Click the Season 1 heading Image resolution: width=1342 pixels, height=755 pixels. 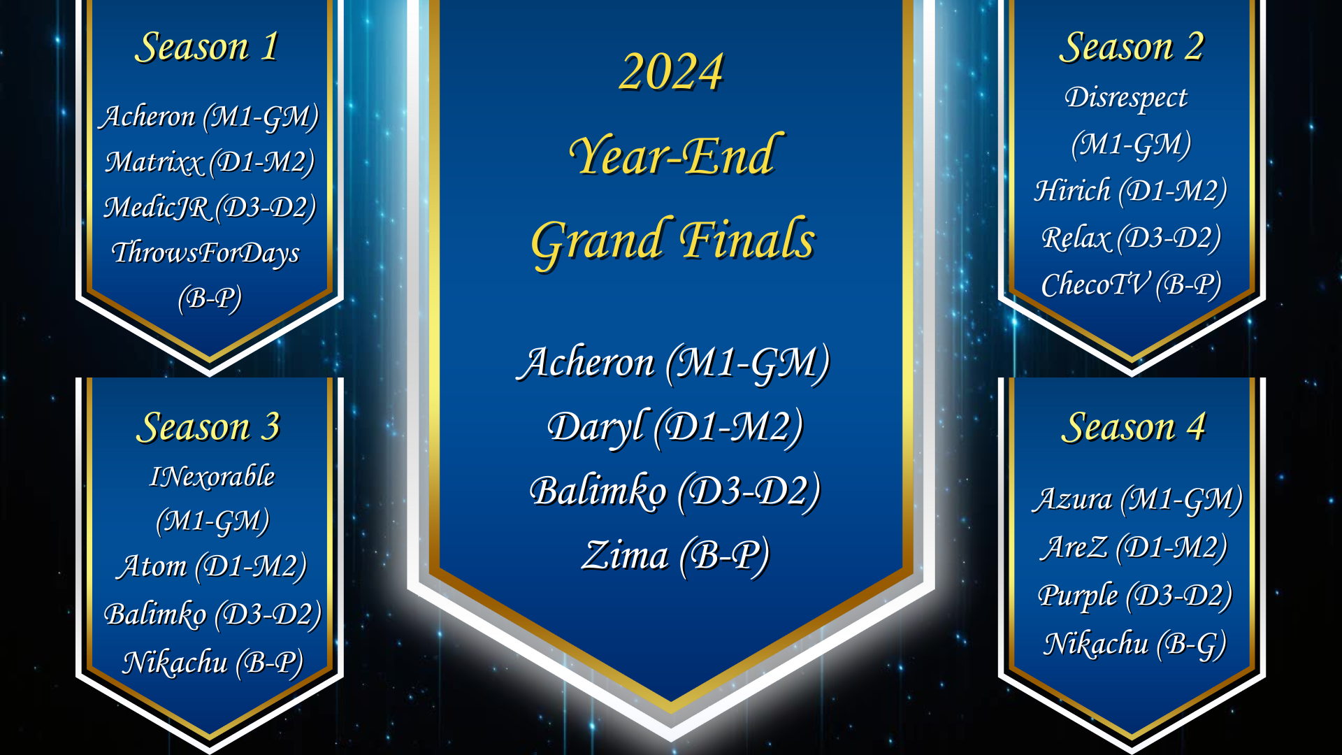tap(208, 48)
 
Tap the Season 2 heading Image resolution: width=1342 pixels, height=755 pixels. tap(1132, 48)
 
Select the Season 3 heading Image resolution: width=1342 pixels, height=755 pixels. tap(208, 427)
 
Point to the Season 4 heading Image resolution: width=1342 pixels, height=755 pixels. tap(1133, 427)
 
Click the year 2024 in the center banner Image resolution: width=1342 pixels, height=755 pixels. tap(671, 72)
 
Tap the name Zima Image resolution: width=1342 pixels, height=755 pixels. tap(625, 556)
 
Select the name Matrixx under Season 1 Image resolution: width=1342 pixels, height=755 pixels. tap(153, 162)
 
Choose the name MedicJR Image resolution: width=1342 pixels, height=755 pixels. tap(156, 208)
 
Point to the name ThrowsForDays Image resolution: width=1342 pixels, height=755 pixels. tap(205, 253)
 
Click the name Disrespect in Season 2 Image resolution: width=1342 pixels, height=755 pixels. tap(1126, 98)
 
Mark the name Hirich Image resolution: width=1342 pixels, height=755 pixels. tap(1072, 191)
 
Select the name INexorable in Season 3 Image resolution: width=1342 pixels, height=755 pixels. tap(212, 477)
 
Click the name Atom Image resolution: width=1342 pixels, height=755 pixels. tap(152, 566)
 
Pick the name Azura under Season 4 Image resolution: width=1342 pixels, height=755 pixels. tap(1072, 500)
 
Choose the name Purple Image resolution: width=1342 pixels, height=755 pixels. tap(1078, 596)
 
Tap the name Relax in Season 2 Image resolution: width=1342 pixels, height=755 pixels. tap(1076, 238)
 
